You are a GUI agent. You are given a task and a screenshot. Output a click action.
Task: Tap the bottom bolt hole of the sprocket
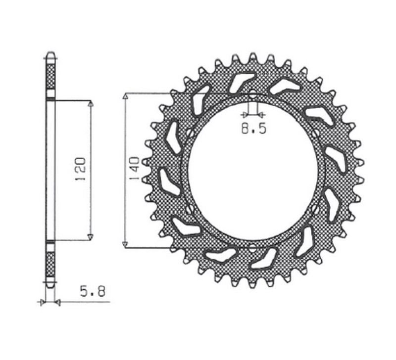[x=252, y=246]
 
